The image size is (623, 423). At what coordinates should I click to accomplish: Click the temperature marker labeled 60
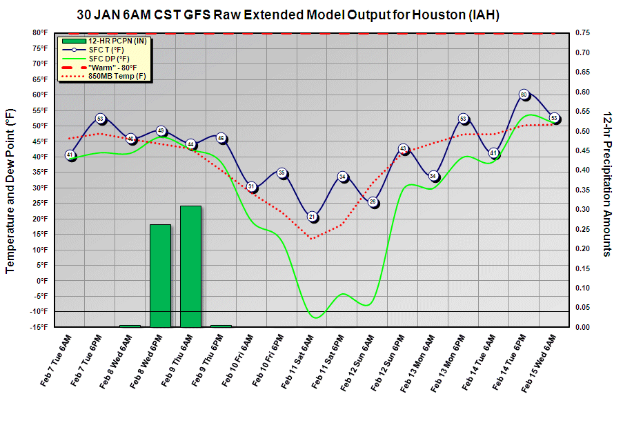tap(524, 95)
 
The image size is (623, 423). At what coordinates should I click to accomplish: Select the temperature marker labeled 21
tap(313, 217)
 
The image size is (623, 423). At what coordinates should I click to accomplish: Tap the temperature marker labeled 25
tap(373, 202)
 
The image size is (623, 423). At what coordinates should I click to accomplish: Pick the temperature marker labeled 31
tap(252, 186)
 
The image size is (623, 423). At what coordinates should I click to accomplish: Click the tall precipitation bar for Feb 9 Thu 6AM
tap(191, 266)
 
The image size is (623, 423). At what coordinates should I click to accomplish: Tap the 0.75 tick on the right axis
tap(584, 32)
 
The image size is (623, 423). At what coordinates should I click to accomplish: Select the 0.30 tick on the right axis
tap(584, 209)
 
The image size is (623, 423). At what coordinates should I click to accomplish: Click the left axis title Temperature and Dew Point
tap(10, 190)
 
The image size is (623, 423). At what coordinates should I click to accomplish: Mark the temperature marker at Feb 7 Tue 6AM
tap(70, 155)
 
